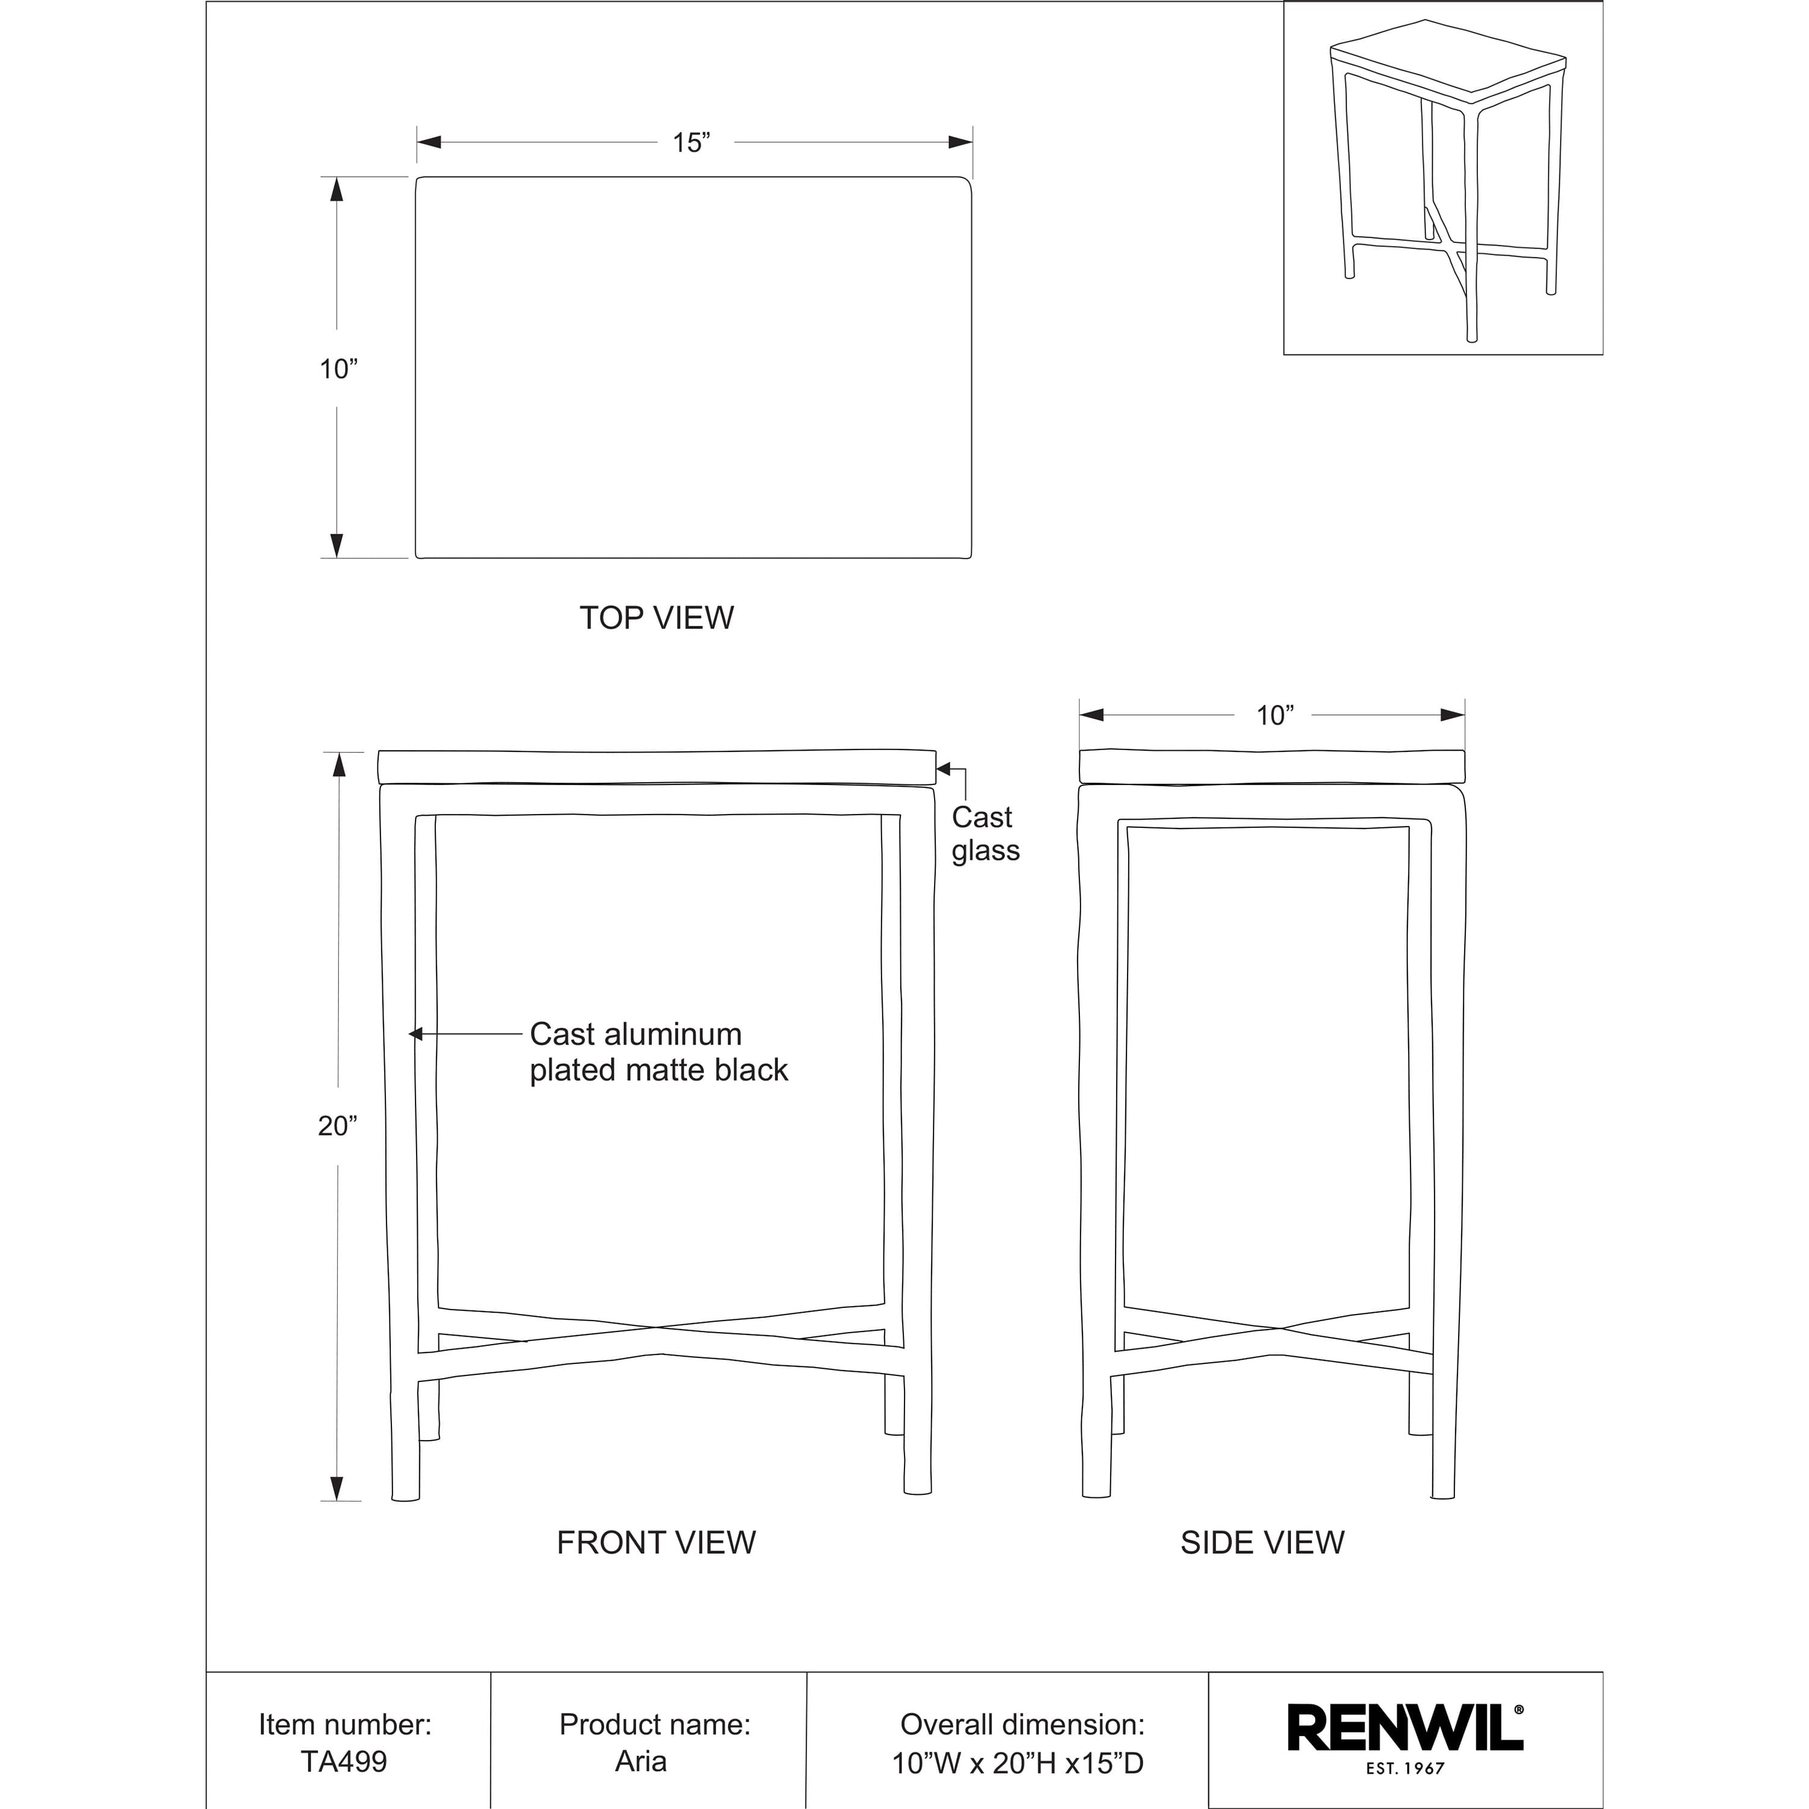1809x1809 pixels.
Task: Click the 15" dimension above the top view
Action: (691, 144)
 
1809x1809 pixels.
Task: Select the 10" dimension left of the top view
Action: (338, 369)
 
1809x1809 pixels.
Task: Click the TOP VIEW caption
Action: (657, 618)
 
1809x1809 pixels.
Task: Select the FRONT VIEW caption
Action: (655, 1543)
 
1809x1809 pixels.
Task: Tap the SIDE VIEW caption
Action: (1262, 1543)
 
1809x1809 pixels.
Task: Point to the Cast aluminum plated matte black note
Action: (658, 1052)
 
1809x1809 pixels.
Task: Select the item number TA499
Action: (344, 1761)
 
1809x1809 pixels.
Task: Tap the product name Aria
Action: (642, 1761)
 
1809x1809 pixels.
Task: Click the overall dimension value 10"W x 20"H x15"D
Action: (1018, 1763)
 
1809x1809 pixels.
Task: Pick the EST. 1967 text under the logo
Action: (1404, 1769)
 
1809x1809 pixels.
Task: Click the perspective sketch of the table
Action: (1443, 178)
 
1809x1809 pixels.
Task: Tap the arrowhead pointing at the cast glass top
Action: (944, 769)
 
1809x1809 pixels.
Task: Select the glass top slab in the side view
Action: (1272, 766)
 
